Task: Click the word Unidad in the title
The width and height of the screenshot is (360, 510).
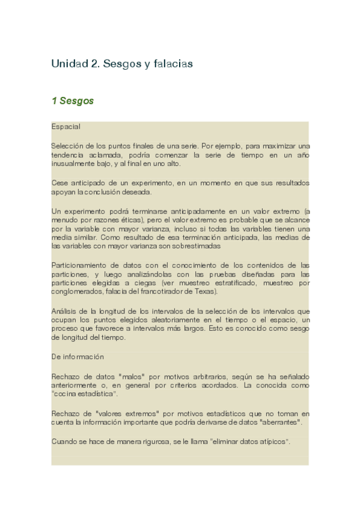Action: [x=67, y=63]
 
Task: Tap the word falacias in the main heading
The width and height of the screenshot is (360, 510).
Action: [x=173, y=63]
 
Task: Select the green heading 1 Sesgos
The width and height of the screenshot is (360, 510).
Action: [x=73, y=101]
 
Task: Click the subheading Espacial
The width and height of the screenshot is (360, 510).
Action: [x=66, y=127]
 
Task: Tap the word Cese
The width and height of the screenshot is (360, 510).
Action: [x=59, y=183]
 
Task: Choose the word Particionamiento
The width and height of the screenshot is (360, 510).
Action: [x=79, y=265]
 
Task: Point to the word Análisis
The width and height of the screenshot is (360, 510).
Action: [x=65, y=311]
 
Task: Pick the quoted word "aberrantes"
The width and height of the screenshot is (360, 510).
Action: [x=279, y=422]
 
